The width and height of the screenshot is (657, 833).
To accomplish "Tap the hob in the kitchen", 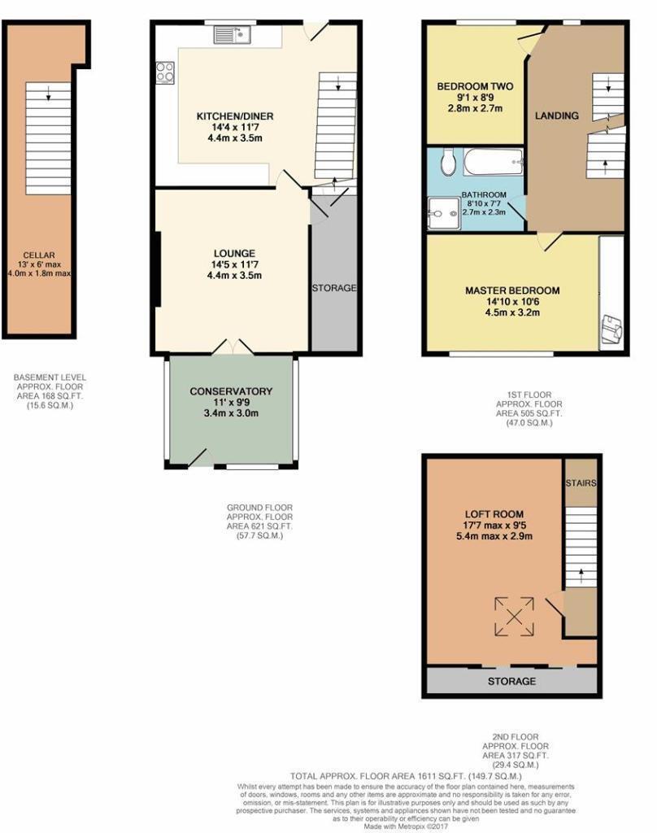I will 165,73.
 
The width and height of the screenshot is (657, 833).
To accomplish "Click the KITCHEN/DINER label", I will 235,116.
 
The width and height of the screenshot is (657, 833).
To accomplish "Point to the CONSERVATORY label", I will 231,391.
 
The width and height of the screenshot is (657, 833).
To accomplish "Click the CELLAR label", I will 39,255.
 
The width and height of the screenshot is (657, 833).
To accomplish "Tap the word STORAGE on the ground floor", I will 334,288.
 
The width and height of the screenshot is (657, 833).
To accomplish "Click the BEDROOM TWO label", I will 475,86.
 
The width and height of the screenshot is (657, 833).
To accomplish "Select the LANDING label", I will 556,116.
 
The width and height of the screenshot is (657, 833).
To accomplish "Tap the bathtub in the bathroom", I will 494,162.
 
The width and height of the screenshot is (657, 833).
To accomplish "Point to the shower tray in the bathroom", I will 443,214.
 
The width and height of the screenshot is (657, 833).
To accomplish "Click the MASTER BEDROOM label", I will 512,290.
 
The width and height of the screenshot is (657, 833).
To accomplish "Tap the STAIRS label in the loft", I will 581,483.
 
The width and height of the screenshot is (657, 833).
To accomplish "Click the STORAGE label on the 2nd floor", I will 511,681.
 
